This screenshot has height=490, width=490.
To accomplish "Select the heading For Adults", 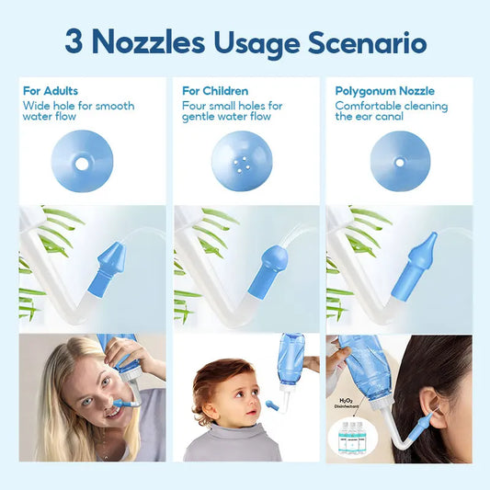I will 51,91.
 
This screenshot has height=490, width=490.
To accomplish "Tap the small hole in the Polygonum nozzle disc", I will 399,160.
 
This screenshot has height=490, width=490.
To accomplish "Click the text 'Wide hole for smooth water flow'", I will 78,111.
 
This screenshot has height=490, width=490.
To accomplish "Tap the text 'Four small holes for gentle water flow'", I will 232,111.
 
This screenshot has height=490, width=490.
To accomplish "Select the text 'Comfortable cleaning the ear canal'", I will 392,111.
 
